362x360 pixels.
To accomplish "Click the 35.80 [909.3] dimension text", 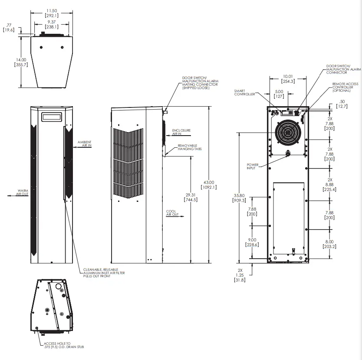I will (239, 198).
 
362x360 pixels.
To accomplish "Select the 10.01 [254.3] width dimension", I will (288, 78).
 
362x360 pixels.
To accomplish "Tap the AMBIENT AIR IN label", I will (85, 144).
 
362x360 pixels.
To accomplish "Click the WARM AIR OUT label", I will (23, 193).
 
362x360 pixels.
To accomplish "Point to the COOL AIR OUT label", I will (172, 213).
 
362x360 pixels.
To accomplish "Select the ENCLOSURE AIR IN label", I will (181, 132).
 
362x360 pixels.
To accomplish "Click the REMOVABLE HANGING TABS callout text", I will (190, 147).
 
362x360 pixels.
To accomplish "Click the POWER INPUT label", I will (253, 166).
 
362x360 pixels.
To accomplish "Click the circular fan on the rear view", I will (288, 133).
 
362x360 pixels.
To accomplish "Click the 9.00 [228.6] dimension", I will (252, 242).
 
